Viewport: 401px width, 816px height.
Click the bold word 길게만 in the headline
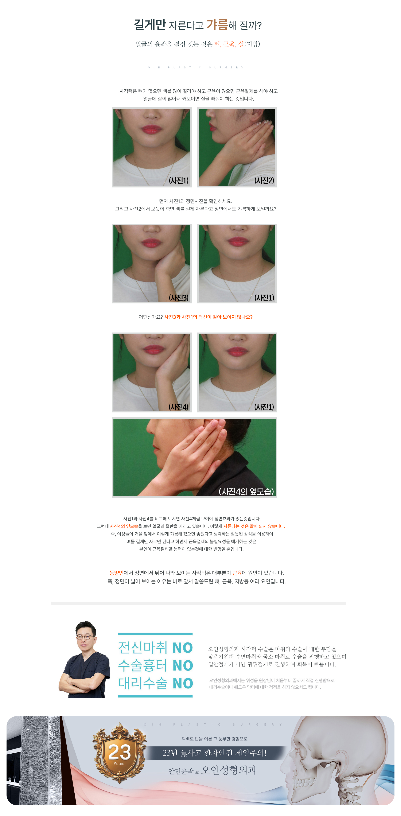click(x=150, y=25)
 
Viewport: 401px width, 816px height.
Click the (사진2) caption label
click(x=264, y=180)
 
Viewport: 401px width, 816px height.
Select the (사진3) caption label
click(x=179, y=298)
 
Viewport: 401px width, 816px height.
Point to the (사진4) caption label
click(x=179, y=407)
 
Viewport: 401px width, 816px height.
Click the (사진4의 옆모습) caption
click(x=246, y=491)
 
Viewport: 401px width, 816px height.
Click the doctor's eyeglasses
click(x=85, y=637)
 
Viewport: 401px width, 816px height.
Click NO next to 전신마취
click(x=182, y=648)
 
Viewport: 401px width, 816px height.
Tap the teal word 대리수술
click(x=143, y=683)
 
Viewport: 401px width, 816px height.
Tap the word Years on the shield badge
click(x=119, y=764)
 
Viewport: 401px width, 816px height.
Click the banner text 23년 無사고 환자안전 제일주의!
click(x=214, y=753)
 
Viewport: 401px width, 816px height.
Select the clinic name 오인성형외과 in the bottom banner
click(x=229, y=770)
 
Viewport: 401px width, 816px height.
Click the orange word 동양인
click(x=116, y=573)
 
